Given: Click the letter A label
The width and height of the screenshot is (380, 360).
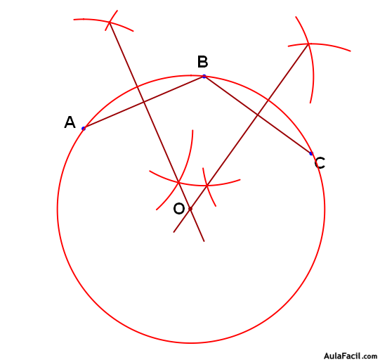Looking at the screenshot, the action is pyautogui.click(x=70, y=122).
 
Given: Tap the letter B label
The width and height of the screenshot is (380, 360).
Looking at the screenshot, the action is pyautogui.click(x=202, y=62).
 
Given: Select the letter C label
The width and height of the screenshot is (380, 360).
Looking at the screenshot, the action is pyautogui.click(x=320, y=163).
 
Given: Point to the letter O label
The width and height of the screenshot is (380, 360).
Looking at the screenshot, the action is pyautogui.click(x=179, y=209).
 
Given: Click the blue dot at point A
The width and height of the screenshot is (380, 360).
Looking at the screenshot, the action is pyautogui.click(x=84, y=129).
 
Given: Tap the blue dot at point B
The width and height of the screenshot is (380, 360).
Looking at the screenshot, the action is pyautogui.click(x=204, y=77).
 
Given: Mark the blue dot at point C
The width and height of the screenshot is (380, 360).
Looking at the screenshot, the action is pyautogui.click(x=311, y=153).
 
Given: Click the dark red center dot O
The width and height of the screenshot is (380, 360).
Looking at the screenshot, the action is pyautogui.click(x=190, y=209).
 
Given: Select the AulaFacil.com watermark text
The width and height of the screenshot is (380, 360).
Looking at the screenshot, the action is pyautogui.click(x=350, y=356).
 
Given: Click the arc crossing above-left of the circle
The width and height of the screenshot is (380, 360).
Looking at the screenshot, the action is pyautogui.click(x=110, y=22).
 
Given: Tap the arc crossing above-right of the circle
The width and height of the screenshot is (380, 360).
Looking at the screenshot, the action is pyautogui.click(x=308, y=44).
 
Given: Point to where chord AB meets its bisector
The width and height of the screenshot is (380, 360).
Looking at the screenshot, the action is pyautogui.click(x=144, y=103).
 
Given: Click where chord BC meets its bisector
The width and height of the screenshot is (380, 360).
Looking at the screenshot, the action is pyautogui.click(x=257, y=115).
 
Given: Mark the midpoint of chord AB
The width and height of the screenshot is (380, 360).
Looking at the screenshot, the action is pyautogui.click(x=144, y=103).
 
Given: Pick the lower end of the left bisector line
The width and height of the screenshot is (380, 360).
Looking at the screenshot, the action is pyautogui.click(x=204, y=241).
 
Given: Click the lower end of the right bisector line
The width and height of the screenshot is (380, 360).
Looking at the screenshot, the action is pyautogui.click(x=173, y=232).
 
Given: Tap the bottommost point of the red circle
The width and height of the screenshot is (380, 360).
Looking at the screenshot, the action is pyautogui.click(x=191, y=343).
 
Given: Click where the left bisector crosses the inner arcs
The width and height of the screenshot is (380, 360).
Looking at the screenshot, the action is pyautogui.click(x=178, y=182).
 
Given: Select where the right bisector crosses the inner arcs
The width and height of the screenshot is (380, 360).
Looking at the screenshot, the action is pyautogui.click(x=207, y=186).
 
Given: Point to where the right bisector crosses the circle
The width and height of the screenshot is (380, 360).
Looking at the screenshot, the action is pyautogui.click(x=268, y=100).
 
